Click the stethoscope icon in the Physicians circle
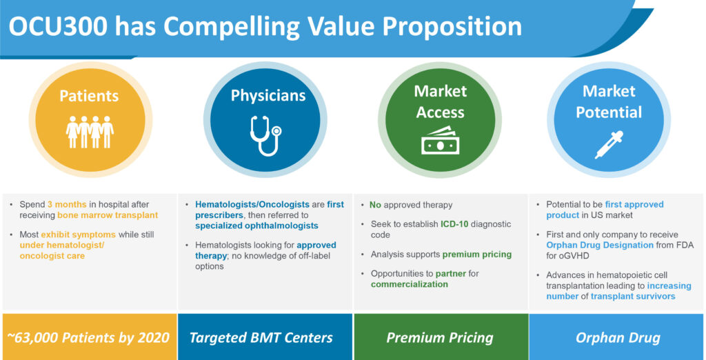[265, 136]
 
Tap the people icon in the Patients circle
[90, 132]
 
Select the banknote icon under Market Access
[440, 141]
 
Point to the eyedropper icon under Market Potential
[609, 144]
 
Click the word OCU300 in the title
[59, 27]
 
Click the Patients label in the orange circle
[89, 96]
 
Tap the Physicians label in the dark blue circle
[268, 96]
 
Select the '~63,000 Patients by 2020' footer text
[89, 337]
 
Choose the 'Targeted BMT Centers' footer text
[261, 337]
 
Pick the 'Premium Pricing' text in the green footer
[440, 337]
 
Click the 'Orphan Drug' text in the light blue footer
[618, 337]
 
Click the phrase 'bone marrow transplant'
[108, 215]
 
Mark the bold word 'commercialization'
[410, 284]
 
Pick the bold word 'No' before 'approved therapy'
[375, 205]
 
